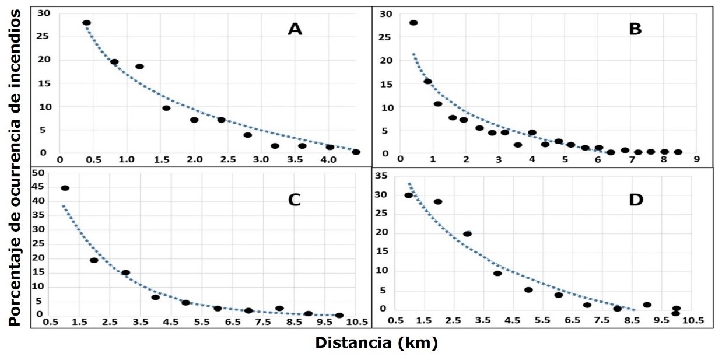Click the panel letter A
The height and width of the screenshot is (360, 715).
[295, 29]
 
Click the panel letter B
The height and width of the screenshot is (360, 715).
[635, 29]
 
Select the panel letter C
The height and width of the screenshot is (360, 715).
[294, 200]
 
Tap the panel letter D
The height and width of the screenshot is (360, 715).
[636, 200]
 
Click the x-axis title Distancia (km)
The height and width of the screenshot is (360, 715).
[376, 343]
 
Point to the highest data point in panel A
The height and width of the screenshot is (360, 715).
[86, 23]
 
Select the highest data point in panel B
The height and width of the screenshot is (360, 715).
[413, 23]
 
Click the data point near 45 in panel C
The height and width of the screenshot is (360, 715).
[65, 188]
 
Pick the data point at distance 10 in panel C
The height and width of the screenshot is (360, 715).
[339, 316]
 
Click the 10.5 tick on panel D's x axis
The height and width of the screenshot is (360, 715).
[692, 320]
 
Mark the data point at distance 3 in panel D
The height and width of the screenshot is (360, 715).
[467, 234]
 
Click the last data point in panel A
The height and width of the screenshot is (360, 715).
[356, 152]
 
